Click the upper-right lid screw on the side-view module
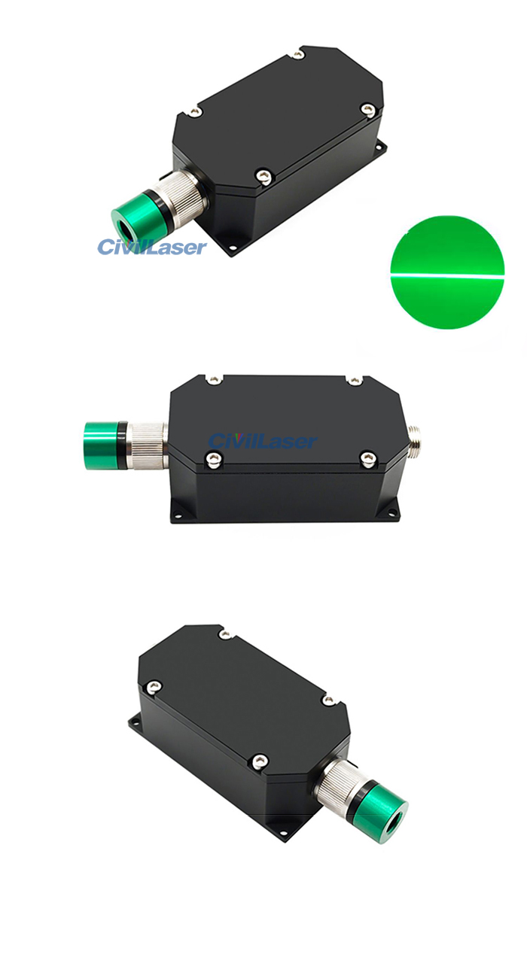point(353,381)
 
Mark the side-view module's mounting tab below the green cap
point(178,516)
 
